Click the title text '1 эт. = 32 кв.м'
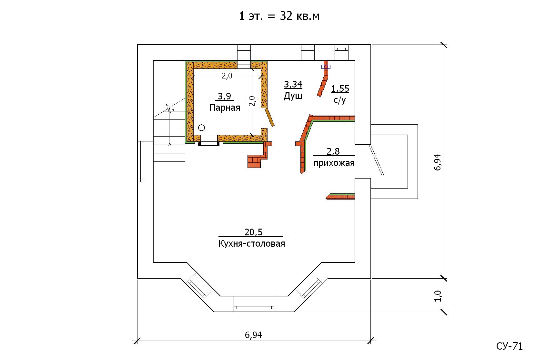point(279,16)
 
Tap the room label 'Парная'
point(225,108)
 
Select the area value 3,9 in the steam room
point(225,96)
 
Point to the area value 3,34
point(293,85)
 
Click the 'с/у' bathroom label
point(339,100)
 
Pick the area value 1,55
point(340,88)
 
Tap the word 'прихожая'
point(334,163)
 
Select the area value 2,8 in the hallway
point(333,151)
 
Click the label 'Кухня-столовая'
point(252,243)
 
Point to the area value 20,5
point(254,232)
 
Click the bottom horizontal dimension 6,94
point(253,335)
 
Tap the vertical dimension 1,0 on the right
point(438,296)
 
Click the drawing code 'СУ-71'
point(510,346)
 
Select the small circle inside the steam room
point(202,128)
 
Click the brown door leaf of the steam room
point(269,117)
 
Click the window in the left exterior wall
point(142,161)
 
